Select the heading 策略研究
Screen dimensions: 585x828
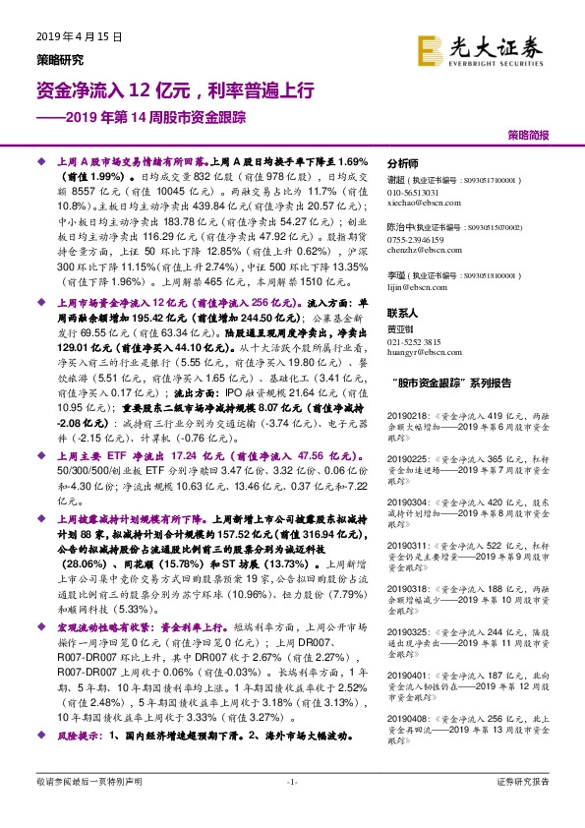click(x=57, y=58)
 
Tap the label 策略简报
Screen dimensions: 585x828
click(x=528, y=133)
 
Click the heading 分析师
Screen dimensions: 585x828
click(x=403, y=163)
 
